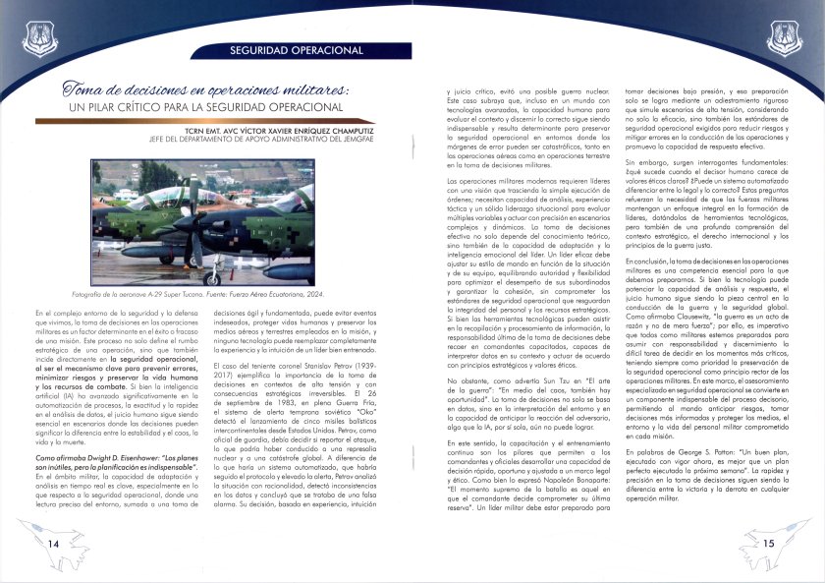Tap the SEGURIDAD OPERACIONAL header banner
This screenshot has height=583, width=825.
[296, 50]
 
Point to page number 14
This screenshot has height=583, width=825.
[53, 544]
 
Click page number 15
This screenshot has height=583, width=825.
[769, 544]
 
